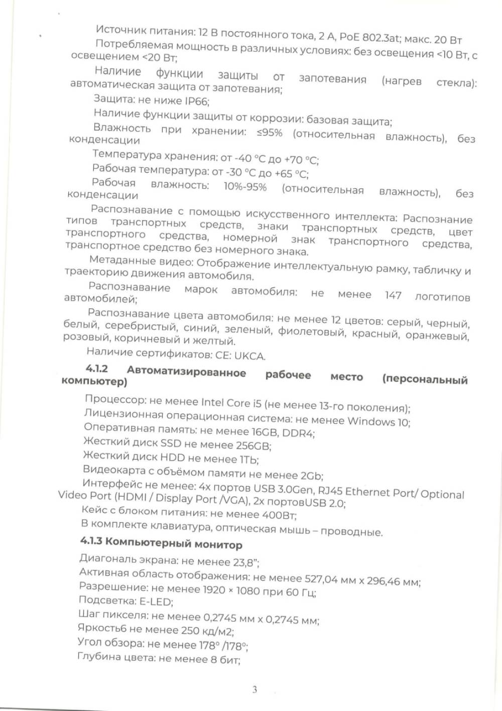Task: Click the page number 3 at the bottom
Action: [x=255, y=689]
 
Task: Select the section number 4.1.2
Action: [x=96, y=369]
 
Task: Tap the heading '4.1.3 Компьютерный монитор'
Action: [x=161, y=543]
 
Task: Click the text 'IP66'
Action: [x=196, y=101]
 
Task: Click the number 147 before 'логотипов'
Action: [x=393, y=295]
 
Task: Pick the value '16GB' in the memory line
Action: [x=265, y=432]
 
